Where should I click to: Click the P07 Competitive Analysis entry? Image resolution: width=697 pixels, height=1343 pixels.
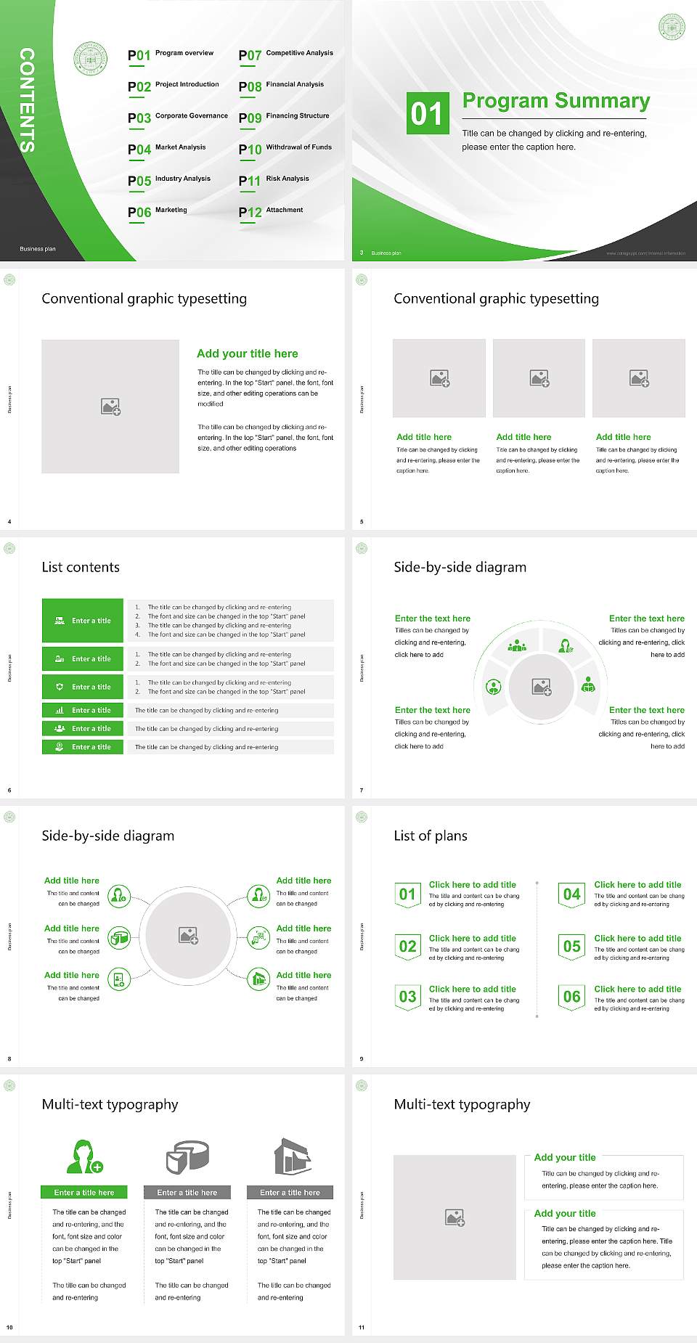click(285, 54)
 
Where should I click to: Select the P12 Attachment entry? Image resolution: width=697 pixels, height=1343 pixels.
click(271, 211)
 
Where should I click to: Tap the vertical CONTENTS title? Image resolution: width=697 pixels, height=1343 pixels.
click(27, 99)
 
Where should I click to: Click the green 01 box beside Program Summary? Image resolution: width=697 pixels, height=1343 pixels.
click(427, 113)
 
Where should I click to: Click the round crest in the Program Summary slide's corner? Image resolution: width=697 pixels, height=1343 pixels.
click(672, 27)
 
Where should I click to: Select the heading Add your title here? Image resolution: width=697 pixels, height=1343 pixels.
click(247, 354)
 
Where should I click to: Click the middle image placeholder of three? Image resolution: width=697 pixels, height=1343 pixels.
click(539, 378)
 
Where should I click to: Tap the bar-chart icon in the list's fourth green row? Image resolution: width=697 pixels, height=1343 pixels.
click(60, 710)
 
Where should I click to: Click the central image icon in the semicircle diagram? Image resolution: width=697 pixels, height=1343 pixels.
click(542, 686)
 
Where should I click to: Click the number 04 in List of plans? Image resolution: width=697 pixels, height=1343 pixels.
click(572, 894)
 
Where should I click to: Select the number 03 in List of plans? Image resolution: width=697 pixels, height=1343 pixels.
click(407, 997)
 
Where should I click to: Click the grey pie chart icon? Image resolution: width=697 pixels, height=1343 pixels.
click(187, 1156)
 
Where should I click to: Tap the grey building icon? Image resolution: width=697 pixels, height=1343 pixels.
click(292, 1156)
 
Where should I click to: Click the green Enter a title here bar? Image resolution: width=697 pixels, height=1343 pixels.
click(84, 1192)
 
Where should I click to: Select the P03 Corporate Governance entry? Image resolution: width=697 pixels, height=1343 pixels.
click(177, 117)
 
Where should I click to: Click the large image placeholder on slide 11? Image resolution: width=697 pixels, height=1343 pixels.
click(455, 1217)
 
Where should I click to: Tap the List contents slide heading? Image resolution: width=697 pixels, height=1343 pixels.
click(81, 567)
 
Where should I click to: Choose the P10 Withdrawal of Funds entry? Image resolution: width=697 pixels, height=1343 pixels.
click(285, 149)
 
